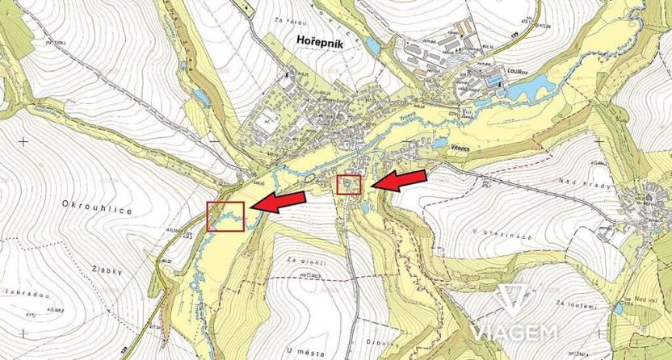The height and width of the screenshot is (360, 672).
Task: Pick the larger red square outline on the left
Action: pos(225,216)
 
